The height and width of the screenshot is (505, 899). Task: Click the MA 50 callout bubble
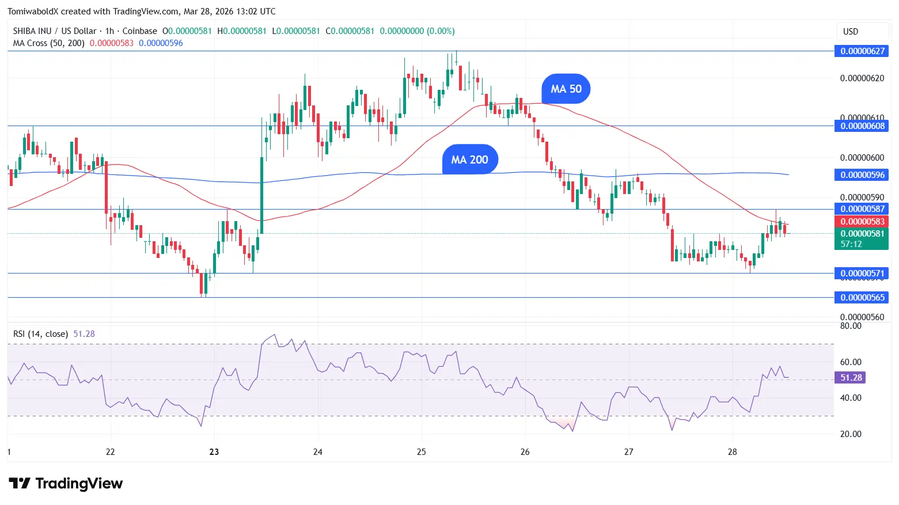566,89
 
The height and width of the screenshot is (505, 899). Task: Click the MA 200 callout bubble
469,160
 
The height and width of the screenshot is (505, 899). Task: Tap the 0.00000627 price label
862,51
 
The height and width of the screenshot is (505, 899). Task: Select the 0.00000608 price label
862,126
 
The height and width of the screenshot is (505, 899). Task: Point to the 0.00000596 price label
862,175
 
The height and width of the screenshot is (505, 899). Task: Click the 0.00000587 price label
862,209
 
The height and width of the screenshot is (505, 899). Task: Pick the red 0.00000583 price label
862,222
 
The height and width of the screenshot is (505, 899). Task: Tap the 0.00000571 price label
862,274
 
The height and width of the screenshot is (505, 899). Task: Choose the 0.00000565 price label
862,298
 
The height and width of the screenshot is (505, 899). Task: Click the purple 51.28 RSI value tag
850,378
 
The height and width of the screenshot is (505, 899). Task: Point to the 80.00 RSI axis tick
851,326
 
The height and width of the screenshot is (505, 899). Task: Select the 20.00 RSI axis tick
851,434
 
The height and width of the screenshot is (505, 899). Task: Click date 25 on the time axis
422,452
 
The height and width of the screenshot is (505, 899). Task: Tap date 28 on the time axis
732,452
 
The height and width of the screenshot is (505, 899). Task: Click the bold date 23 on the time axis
214,452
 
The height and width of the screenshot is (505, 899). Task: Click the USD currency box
851,32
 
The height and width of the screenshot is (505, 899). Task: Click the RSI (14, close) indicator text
40,334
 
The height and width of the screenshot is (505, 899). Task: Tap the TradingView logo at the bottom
66,483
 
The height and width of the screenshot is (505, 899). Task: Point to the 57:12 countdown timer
851,244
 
